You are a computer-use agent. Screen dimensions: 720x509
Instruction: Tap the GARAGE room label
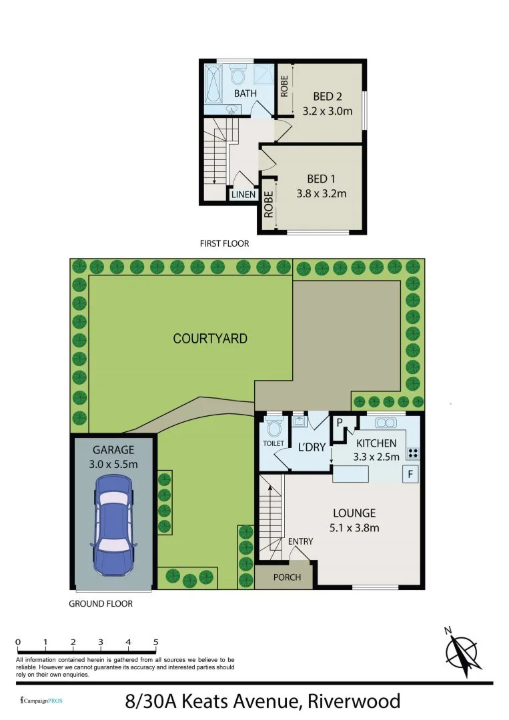pyautogui.click(x=113, y=449)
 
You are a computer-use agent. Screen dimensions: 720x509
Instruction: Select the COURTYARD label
pyautogui.click(x=210, y=339)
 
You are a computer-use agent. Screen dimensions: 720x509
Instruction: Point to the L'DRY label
pyautogui.click(x=311, y=446)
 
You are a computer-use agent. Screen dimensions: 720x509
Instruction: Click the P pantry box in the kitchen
pyautogui.click(x=340, y=423)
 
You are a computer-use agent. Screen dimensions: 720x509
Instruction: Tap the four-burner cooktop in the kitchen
pyautogui.click(x=412, y=452)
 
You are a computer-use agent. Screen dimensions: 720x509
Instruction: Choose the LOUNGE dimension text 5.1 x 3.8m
pyautogui.click(x=354, y=528)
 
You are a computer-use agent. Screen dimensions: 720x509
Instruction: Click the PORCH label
pyautogui.click(x=288, y=577)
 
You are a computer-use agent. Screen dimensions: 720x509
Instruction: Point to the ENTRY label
pyautogui.click(x=300, y=541)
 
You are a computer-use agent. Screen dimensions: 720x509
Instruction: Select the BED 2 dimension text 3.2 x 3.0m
pyautogui.click(x=327, y=111)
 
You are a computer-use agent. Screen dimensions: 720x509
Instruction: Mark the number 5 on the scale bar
pyautogui.click(x=155, y=643)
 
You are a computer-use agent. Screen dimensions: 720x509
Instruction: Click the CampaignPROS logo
pyautogui.click(x=43, y=701)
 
